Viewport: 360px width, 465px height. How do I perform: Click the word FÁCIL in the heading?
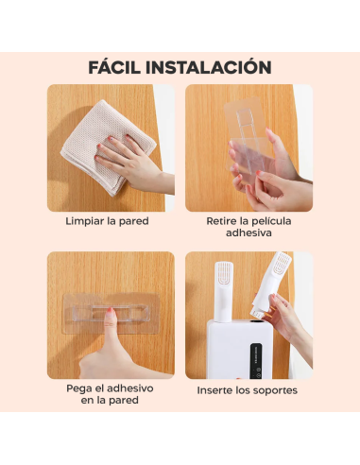120,67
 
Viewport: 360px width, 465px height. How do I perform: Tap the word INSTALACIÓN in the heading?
213,67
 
